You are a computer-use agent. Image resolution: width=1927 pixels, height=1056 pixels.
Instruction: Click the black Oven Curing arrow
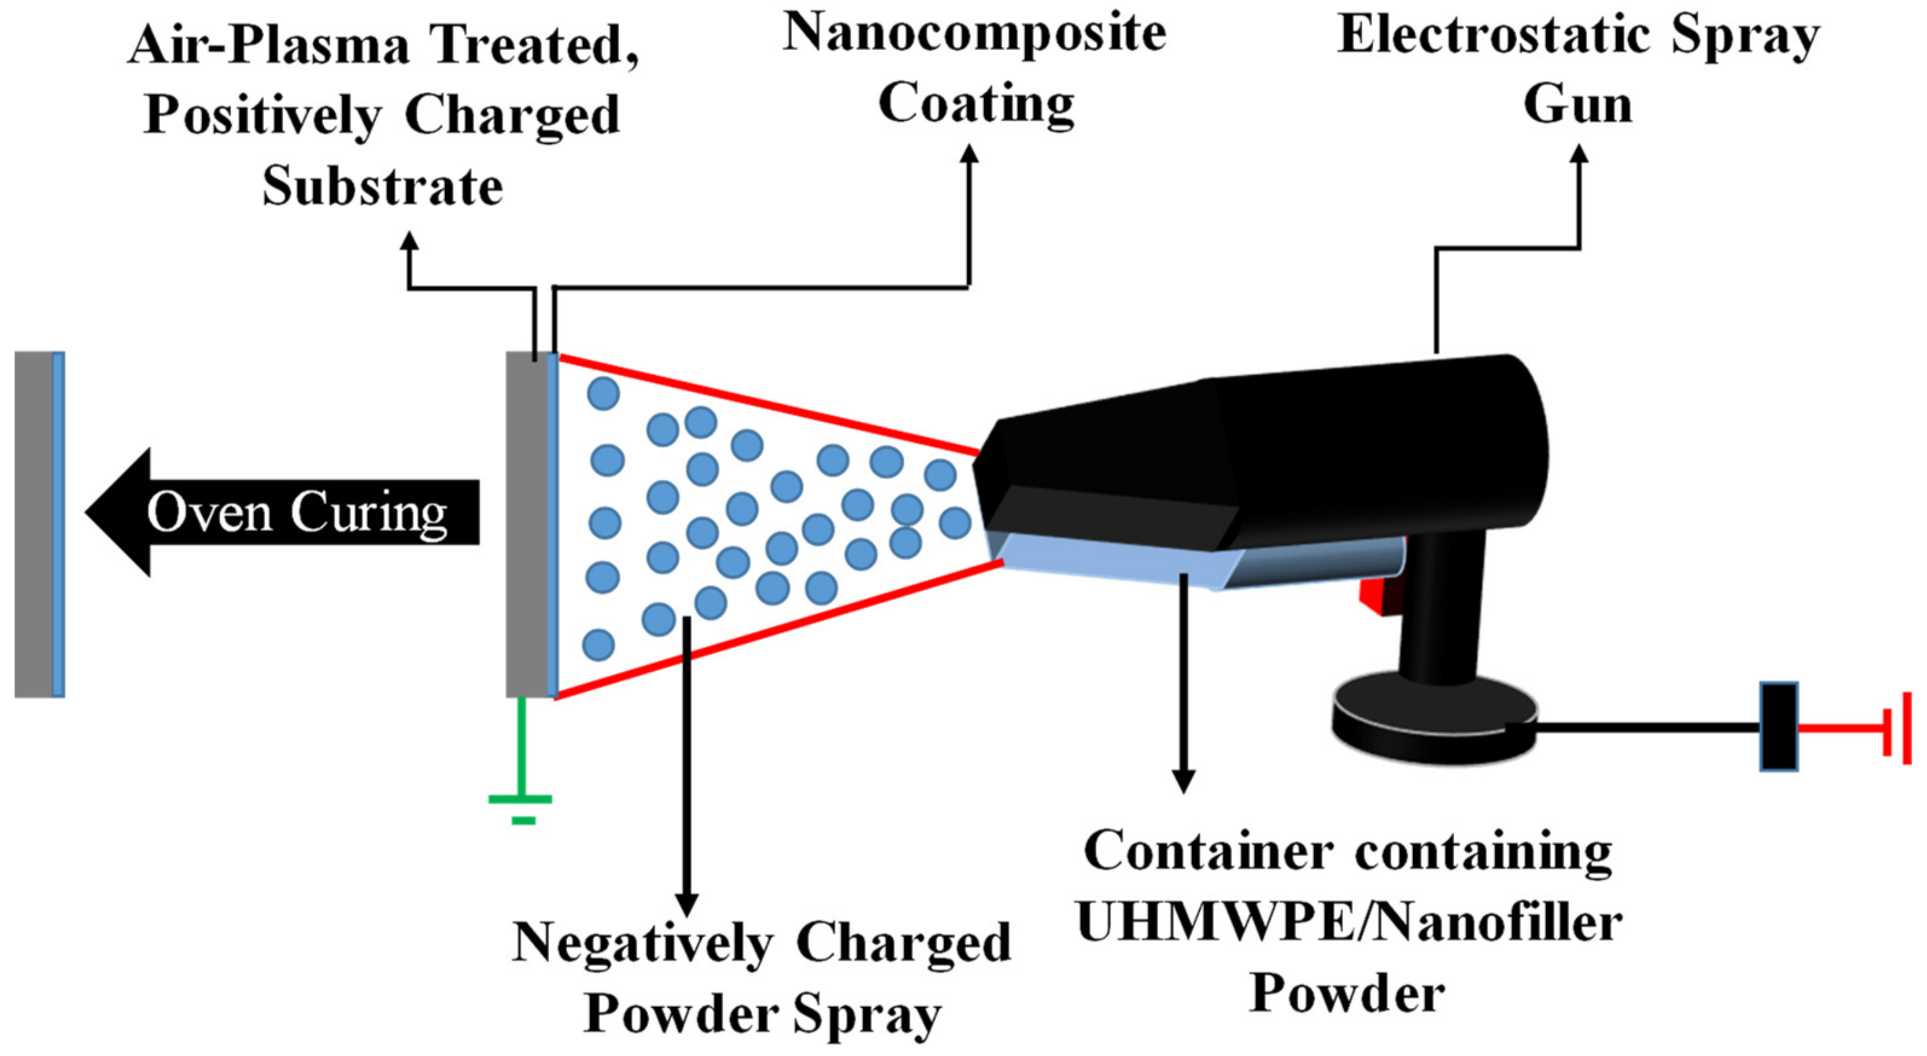point(285,513)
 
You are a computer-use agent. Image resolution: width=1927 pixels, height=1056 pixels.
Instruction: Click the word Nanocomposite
point(974,33)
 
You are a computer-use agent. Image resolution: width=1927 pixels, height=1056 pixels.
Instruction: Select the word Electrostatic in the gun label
point(1492,35)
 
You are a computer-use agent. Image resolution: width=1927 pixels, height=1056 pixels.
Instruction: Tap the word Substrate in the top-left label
point(382,186)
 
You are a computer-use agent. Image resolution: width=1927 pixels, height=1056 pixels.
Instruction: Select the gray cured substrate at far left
point(33,524)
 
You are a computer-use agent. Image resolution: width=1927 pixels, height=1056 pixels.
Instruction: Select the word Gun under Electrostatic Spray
point(1578,105)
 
